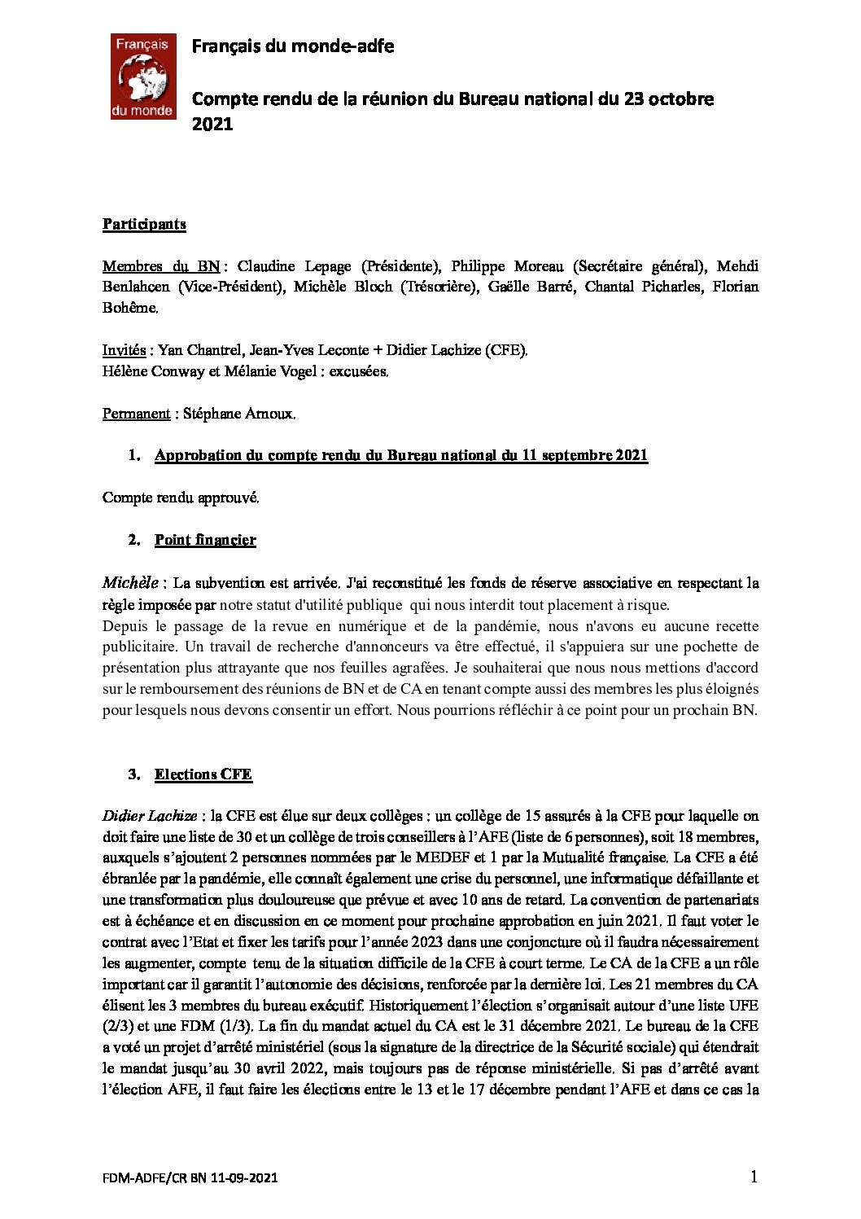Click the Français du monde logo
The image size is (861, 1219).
pyautogui.click(x=143, y=77)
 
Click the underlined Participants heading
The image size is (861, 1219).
pyautogui.click(x=144, y=224)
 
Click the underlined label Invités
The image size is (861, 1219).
pyautogui.click(x=124, y=350)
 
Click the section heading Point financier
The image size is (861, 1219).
pyautogui.click(x=205, y=540)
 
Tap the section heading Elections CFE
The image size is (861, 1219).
pyautogui.click(x=203, y=774)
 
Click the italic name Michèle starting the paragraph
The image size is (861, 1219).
pyautogui.click(x=130, y=583)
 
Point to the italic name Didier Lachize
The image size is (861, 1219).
pyautogui.click(x=150, y=816)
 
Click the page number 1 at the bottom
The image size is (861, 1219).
pyautogui.click(x=754, y=1177)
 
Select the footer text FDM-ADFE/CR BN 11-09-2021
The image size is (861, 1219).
pyautogui.click(x=190, y=1178)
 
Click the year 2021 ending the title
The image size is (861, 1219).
pyautogui.click(x=212, y=124)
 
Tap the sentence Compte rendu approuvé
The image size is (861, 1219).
pyautogui.click(x=181, y=498)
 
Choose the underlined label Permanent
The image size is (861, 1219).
pyautogui.click(x=136, y=414)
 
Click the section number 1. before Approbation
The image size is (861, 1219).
pyautogui.click(x=134, y=455)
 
